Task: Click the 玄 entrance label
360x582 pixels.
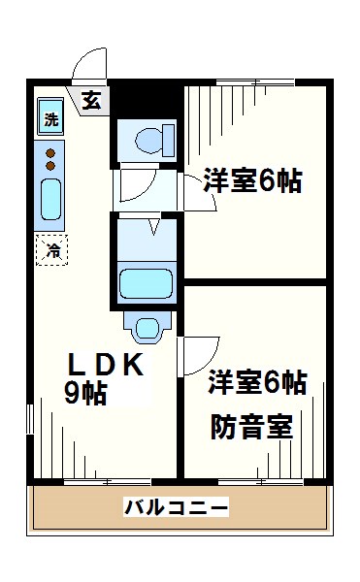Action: click(90, 99)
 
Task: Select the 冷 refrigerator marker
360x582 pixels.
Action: click(52, 250)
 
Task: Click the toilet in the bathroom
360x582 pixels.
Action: click(148, 142)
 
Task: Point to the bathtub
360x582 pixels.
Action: click(146, 284)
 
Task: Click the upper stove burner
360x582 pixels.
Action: click(51, 151)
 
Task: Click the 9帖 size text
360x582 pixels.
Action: click(85, 393)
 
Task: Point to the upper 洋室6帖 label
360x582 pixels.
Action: click(251, 179)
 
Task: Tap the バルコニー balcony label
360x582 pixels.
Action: click(176, 507)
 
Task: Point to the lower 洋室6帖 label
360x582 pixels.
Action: click(257, 383)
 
